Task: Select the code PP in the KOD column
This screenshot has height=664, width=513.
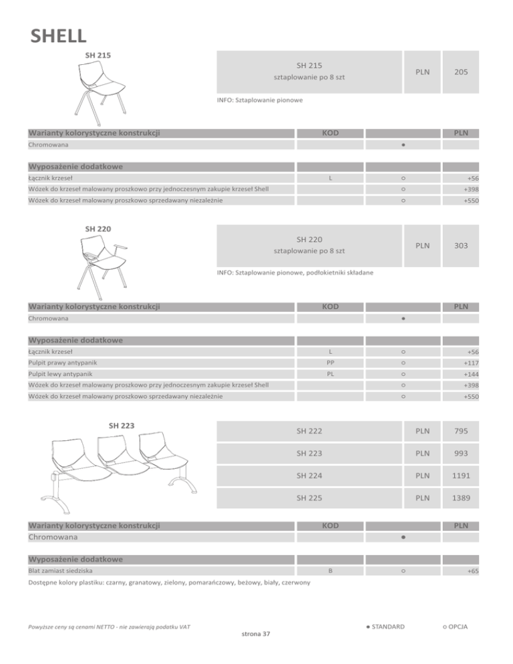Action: coord(330,363)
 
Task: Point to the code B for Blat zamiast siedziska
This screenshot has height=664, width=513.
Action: coord(330,572)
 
